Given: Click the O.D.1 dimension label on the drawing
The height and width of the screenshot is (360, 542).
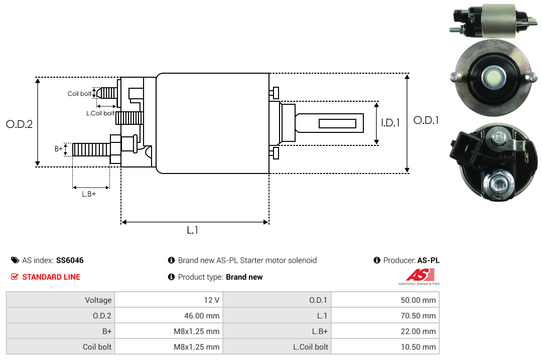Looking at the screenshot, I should point(426,120).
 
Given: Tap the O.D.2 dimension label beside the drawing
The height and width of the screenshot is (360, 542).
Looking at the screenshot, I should point(19,124).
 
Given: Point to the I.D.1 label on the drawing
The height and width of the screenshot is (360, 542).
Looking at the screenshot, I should point(390,122).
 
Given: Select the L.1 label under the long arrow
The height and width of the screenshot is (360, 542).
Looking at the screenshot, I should point(193,230).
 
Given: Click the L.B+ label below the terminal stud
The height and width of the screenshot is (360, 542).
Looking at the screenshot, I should point(89,194).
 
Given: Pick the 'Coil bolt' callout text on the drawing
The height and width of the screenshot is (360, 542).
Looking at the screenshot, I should point(79,94).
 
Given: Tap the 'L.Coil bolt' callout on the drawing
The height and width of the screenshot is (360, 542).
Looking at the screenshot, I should point(100,113).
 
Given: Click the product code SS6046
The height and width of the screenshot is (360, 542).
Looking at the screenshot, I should point(70,260).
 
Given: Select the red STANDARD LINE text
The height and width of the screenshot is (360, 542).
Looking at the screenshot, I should point(51,277).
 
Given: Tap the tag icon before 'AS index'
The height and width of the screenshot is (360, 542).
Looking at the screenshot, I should point(15,260).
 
